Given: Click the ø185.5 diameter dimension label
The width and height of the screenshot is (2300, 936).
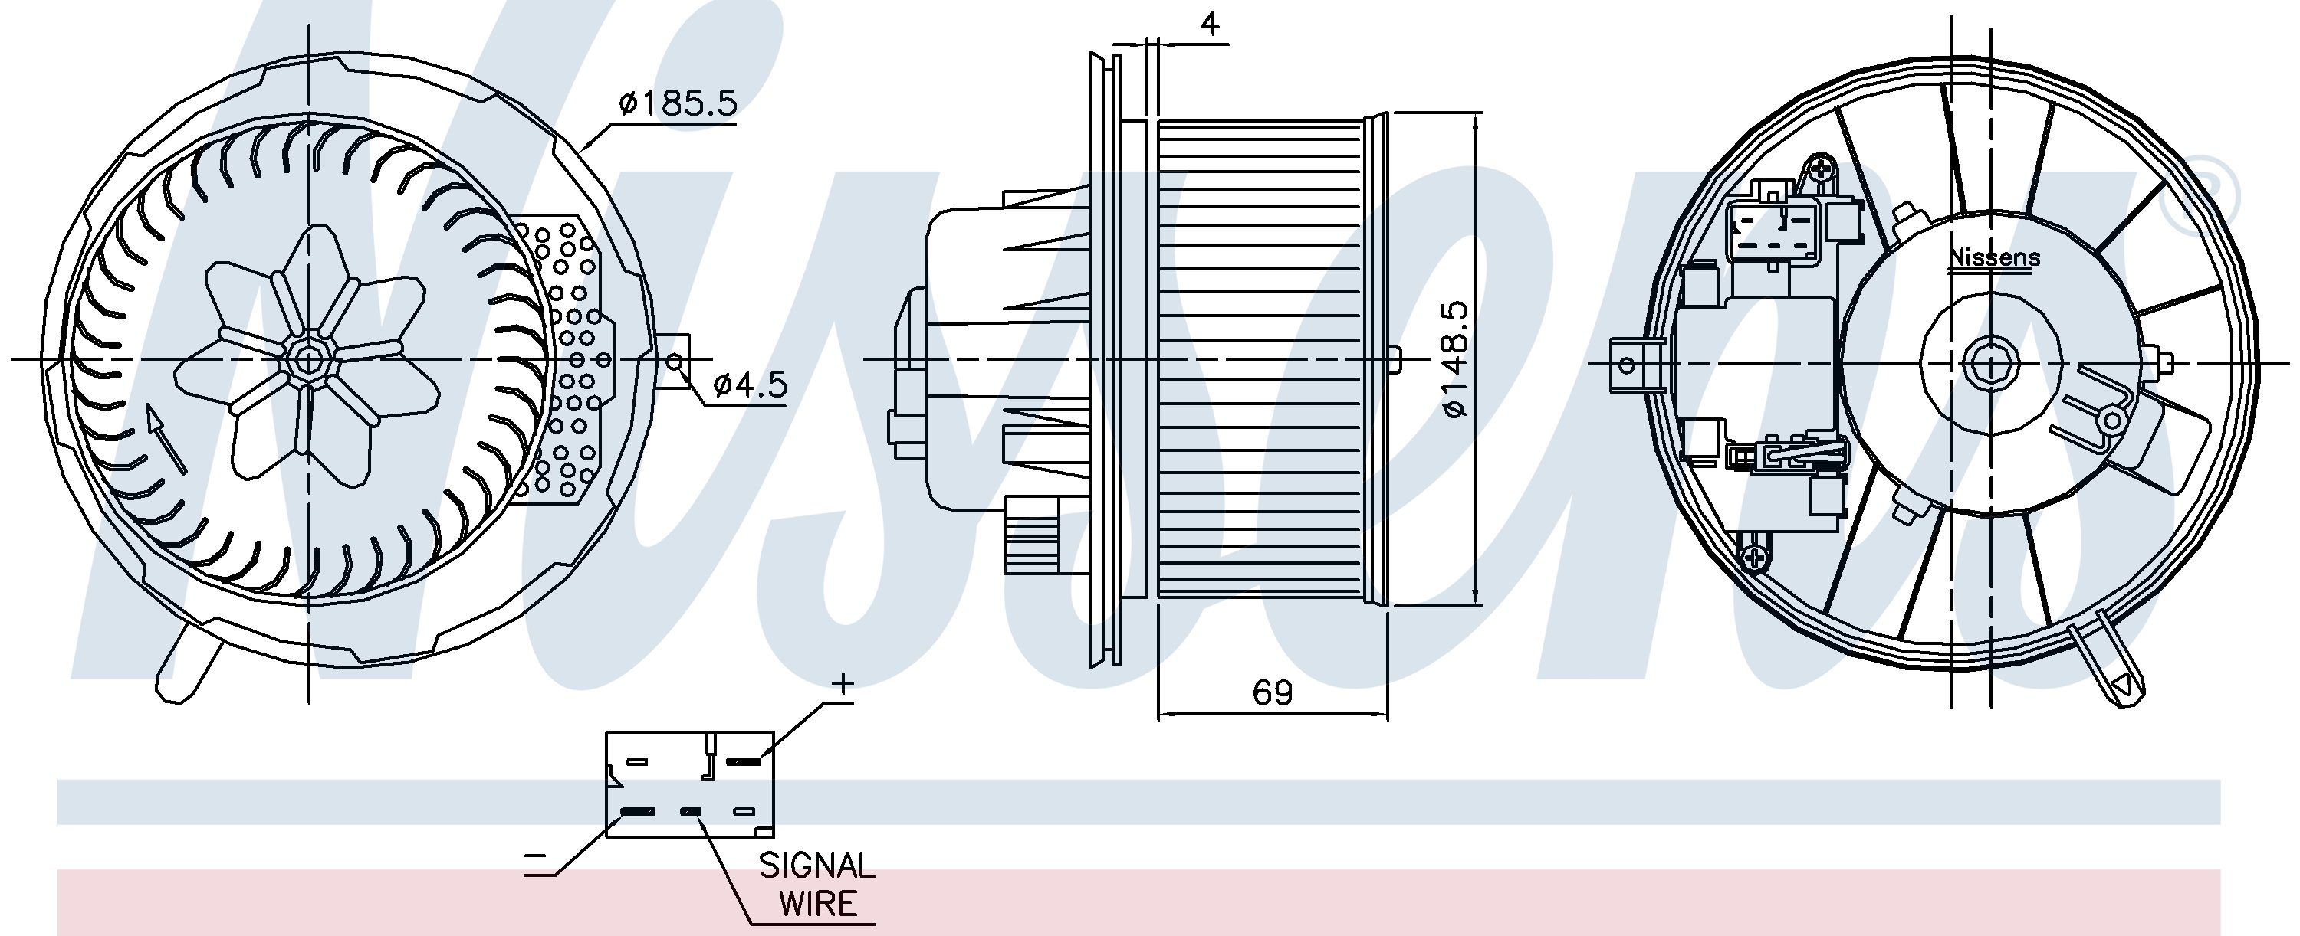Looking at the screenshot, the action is [678, 104].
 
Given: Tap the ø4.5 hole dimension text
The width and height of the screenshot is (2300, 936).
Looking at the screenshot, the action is [750, 385].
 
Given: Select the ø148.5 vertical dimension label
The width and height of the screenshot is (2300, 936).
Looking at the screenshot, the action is [1454, 358].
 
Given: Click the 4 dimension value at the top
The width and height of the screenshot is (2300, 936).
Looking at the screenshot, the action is [1209, 24].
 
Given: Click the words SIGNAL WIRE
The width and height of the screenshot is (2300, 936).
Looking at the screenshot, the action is [817, 883].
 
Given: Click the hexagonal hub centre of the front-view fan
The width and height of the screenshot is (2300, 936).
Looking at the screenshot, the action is [309, 359].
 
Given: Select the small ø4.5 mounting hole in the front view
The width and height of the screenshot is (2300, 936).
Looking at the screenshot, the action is [676, 362].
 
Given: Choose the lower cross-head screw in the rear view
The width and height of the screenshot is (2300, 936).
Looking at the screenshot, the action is [1753, 558].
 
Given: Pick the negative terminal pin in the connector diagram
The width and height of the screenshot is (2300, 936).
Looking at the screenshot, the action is [638, 812].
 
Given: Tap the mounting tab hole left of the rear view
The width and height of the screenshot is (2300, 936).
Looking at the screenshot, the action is [1627, 365].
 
